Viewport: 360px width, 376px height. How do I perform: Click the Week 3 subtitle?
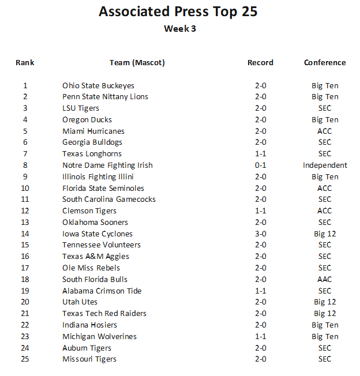point(179,29)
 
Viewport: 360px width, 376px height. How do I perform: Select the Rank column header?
point(25,62)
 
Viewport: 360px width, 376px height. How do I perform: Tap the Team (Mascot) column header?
point(137,62)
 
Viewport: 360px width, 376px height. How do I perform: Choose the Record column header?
point(260,62)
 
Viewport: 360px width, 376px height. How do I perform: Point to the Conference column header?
point(325,62)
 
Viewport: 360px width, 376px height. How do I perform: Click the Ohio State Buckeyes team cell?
point(98,85)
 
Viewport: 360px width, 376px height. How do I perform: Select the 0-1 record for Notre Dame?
point(260,166)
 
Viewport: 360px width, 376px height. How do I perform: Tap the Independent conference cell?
point(325,166)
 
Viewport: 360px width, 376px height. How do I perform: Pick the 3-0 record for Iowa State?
point(260,234)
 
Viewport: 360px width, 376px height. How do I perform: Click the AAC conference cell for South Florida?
point(325,279)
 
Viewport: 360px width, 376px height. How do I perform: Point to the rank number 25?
point(25,359)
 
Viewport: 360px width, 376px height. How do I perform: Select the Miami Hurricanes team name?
point(93,131)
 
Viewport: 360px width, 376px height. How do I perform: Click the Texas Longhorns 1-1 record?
point(260,154)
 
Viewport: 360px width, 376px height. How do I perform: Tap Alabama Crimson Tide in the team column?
point(102,291)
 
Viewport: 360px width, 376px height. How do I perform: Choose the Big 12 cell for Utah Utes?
point(325,302)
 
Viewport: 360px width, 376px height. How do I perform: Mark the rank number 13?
point(25,223)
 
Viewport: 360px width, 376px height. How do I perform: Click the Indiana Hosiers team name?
point(89,325)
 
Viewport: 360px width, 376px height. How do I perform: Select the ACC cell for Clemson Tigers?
point(325,211)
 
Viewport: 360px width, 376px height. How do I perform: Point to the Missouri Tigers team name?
point(89,359)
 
